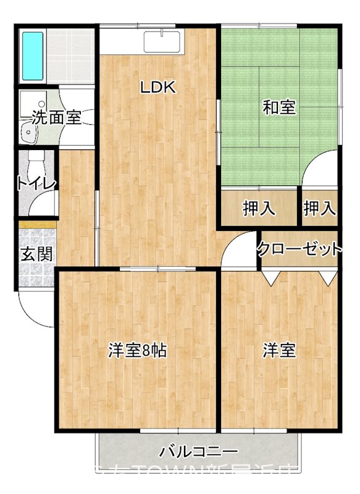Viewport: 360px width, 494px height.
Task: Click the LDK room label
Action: pyautogui.click(x=158, y=88)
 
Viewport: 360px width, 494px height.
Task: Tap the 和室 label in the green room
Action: pyautogui.click(x=279, y=108)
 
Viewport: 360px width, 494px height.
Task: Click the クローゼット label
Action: pyautogui.click(x=299, y=249)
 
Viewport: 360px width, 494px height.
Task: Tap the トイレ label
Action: pyautogui.click(x=37, y=183)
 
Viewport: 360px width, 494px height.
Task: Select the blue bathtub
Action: pyautogui.click(x=31, y=55)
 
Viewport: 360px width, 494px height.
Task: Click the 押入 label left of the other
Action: pyautogui.click(x=258, y=209)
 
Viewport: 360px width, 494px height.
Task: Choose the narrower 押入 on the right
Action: pyautogui.click(x=319, y=209)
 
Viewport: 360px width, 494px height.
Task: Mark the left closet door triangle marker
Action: pyautogui.click(x=270, y=277)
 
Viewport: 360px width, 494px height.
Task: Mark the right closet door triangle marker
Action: pyautogui.click(x=329, y=277)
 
